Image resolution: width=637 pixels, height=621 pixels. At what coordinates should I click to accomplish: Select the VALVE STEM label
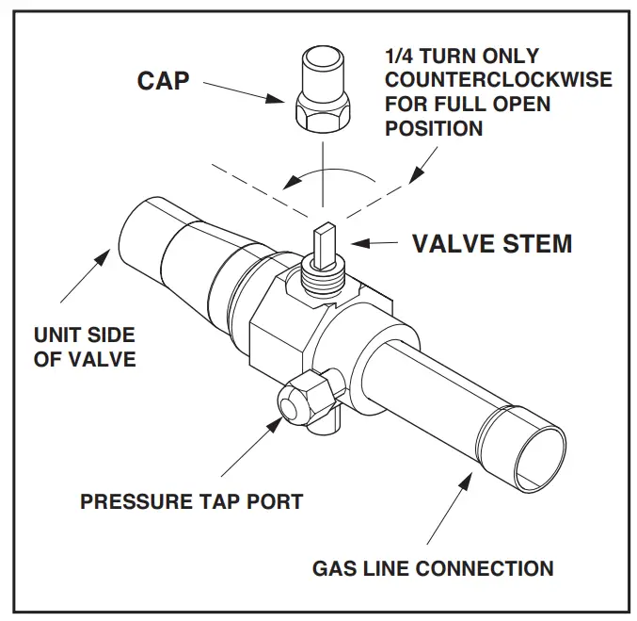(492, 243)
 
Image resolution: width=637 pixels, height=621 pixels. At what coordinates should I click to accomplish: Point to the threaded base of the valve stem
(321, 275)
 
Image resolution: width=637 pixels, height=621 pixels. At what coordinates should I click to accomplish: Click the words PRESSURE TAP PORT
(191, 499)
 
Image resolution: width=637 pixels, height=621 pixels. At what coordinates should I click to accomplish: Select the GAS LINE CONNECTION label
(433, 568)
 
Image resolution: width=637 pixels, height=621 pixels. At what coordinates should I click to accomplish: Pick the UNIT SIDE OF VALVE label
(84, 347)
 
